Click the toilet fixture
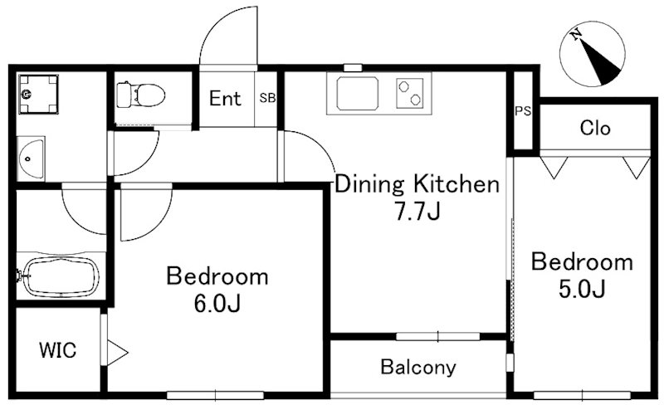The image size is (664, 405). pyautogui.click(x=140, y=95)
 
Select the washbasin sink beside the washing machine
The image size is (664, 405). pyautogui.click(x=31, y=159)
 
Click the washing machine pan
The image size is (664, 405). pyautogui.click(x=38, y=94)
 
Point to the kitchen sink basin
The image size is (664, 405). pyautogui.click(x=358, y=93)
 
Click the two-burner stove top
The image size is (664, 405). pyautogui.click(x=409, y=93)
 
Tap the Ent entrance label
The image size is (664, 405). pyautogui.click(x=225, y=99)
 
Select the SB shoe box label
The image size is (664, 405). pyautogui.click(x=267, y=98)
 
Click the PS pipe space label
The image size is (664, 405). pyautogui.click(x=523, y=111)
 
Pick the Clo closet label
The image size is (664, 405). pyautogui.click(x=595, y=128)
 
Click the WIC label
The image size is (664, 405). pyautogui.click(x=57, y=350)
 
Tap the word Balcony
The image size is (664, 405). pyautogui.click(x=418, y=367)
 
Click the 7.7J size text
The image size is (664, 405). pyautogui.click(x=418, y=212)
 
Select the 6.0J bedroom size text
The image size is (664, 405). pyautogui.click(x=217, y=303)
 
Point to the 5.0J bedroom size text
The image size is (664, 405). pyautogui.click(x=582, y=290)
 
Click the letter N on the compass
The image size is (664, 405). pyautogui.click(x=575, y=34)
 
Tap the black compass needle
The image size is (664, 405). pyautogui.click(x=599, y=62)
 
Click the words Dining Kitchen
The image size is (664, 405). pyautogui.click(x=417, y=185)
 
